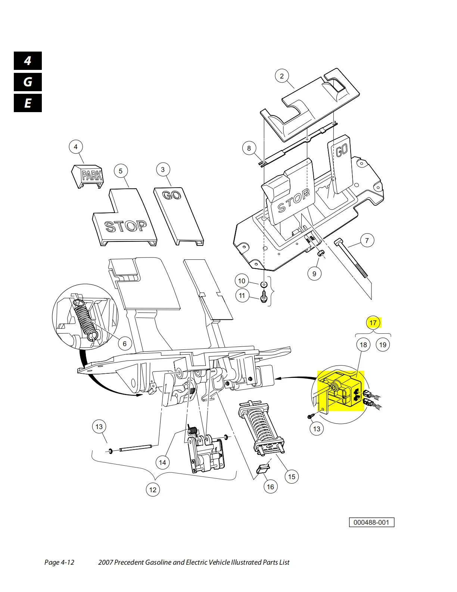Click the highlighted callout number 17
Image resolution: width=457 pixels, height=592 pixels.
point(373,323)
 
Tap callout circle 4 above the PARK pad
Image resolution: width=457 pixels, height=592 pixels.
point(76,147)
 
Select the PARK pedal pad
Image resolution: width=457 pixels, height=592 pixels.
point(88,176)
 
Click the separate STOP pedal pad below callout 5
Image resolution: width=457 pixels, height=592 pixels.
point(125,217)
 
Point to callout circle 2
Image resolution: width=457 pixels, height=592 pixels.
point(282,76)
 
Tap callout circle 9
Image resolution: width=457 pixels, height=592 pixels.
point(314,274)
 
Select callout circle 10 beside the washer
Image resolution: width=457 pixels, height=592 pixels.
point(242,281)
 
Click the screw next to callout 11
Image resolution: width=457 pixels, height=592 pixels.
point(264,296)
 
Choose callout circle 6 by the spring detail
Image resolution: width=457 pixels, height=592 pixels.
point(125,343)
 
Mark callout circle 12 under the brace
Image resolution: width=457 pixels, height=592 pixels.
point(153,490)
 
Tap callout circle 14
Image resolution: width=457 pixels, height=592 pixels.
point(162,462)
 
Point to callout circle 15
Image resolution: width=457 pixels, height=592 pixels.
point(292,477)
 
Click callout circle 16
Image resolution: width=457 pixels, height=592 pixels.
point(270,487)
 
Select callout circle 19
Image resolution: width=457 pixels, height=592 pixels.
point(383,345)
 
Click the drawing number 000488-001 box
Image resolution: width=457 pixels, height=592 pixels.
point(371,522)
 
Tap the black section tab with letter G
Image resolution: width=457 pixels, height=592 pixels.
point(28,82)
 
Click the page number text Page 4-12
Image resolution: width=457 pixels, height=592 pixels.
point(59,562)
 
